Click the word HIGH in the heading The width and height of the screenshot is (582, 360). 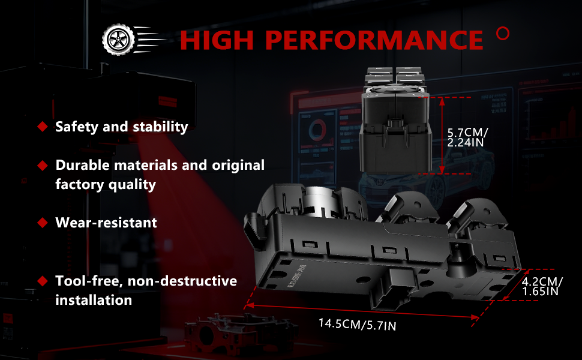(217, 40)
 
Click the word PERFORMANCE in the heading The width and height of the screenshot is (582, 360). (374, 40)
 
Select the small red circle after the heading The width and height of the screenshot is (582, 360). (503, 34)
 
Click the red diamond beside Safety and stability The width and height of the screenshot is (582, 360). (43, 127)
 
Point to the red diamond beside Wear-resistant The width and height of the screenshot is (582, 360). (43, 223)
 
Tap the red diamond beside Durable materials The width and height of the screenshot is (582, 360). (43, 166)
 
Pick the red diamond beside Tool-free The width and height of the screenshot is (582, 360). (43, 281)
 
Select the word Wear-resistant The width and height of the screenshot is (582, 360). (106, 223)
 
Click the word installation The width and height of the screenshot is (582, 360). (94, 300)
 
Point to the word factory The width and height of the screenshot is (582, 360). (77, 184)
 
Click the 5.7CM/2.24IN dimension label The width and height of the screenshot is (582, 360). (467, 137)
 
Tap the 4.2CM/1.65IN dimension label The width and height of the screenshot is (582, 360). (542, 287)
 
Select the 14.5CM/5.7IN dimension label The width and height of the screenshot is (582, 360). (358, 325)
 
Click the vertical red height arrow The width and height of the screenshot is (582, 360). (442, 136)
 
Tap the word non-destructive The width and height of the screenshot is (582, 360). (182, 281)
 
